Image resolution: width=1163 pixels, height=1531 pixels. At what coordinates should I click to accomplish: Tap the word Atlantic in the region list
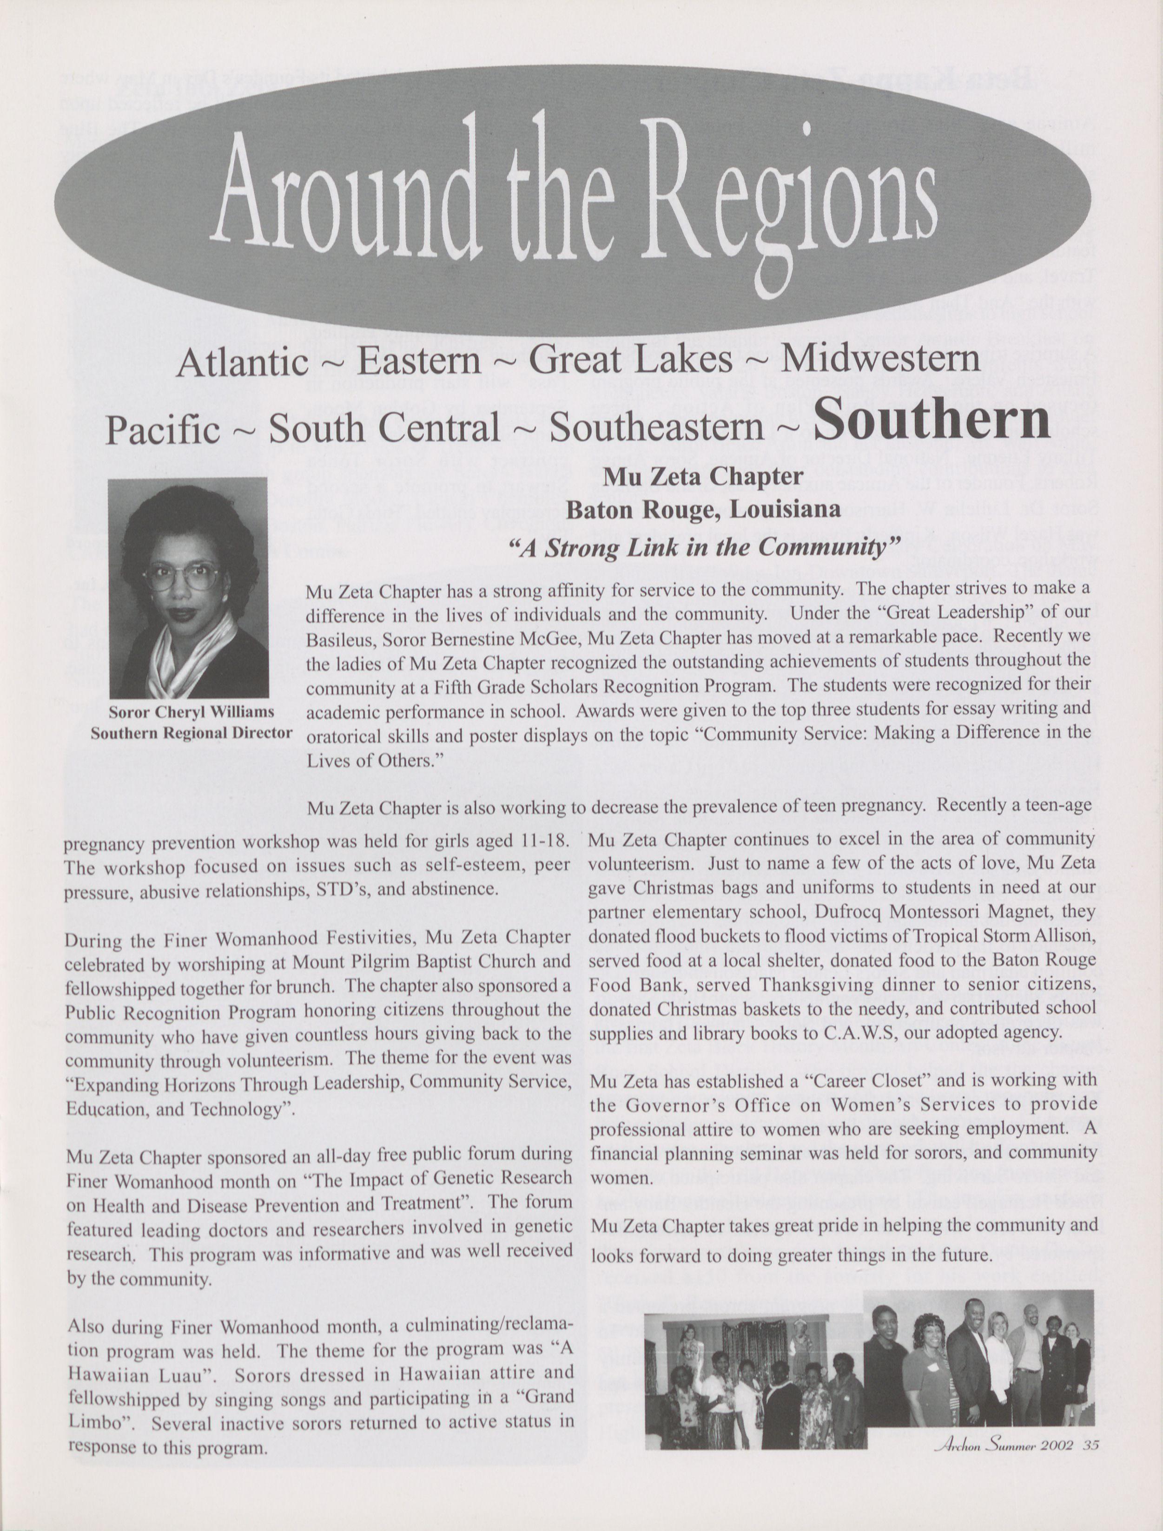click(x=242, y=361)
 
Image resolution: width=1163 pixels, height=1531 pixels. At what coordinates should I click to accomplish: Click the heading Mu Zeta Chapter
click(x=703, y=476)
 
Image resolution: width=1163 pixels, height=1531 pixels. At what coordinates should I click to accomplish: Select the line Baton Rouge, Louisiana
click(x=703, y=510)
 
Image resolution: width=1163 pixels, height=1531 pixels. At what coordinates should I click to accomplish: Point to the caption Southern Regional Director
click(x=191, y=732)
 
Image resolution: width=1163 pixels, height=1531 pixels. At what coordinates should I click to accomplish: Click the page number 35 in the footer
click(x=1092, y=1445)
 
